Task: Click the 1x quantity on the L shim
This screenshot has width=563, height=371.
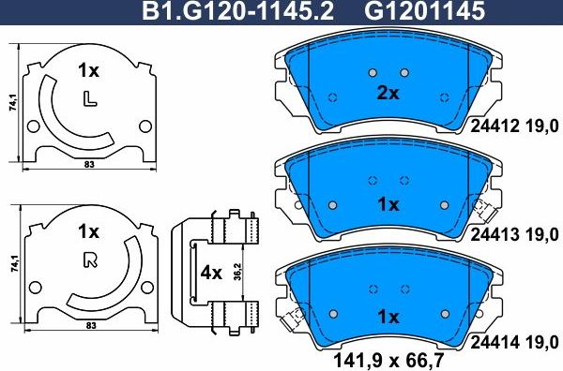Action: pyautogui.click(x=88, y=70)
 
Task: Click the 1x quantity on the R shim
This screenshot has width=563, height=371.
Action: pyautogui.click(x=88, y=230)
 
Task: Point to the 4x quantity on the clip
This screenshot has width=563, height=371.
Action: pyautogui.click(x=211, y=275)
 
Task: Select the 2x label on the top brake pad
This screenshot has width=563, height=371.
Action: pyautogui.click(x=388, y=94)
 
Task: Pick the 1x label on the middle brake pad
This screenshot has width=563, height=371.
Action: pyautogui.click(x=388, y=203)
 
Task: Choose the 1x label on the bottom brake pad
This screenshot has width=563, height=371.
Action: pyautogui.click(x=388, y=317)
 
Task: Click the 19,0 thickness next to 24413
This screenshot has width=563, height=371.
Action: pyautogui.click(x=545, y=233)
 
